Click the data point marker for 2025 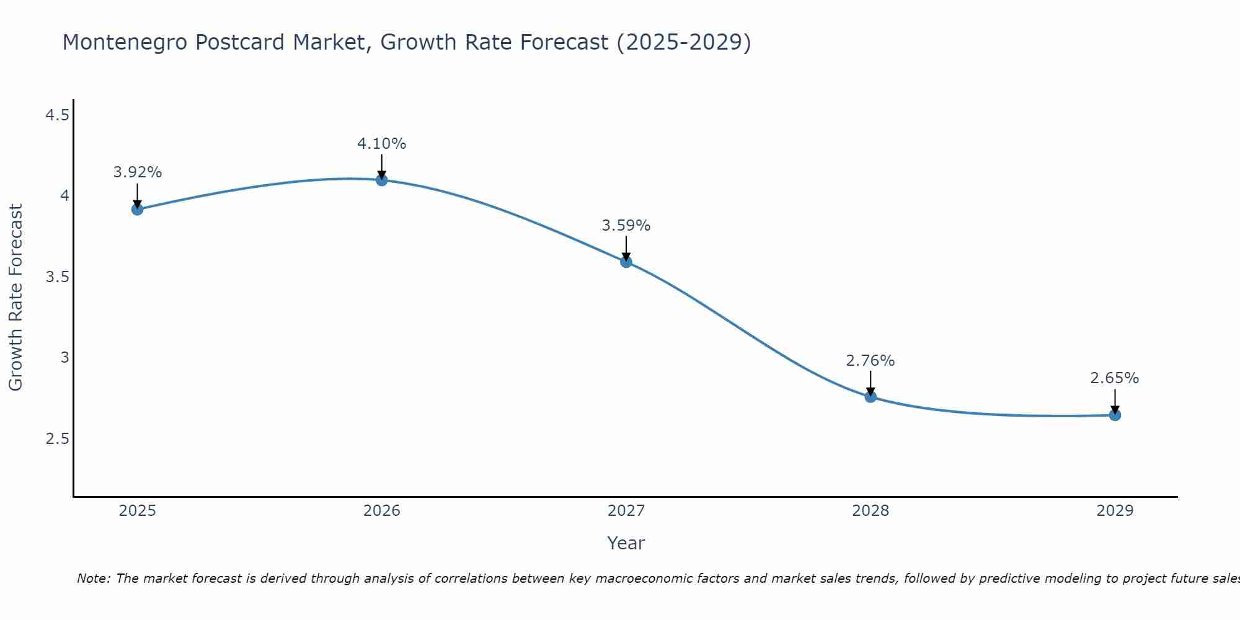pos(138,210)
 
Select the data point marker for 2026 pos(382,180)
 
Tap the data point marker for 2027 pos(626,262)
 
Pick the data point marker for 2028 pos(870,397)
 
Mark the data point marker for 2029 pos(1115,415)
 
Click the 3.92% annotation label pos(138,172)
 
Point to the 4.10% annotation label pos(382,144)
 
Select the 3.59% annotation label pos(626,226)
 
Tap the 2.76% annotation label pos(870,361)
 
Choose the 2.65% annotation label pos(1115,378)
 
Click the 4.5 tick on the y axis pos(57,115)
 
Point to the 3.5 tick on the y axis pos(57,277)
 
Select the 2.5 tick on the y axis pos(57,439)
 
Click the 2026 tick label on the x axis pos(382,511)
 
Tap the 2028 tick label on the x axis pos(870,511)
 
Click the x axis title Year pos(626,543)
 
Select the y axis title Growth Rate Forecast pos(16,298)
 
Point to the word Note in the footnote pos(93,578)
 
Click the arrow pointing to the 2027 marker pos(626,248)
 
